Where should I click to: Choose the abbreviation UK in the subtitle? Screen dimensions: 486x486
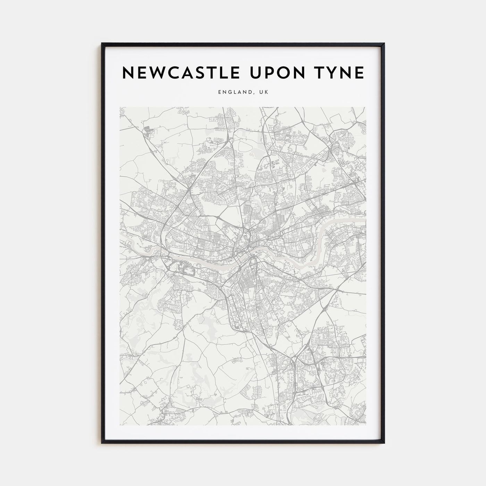[x=263, y=92]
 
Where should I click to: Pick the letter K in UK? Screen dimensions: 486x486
[x=266, y=92]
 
